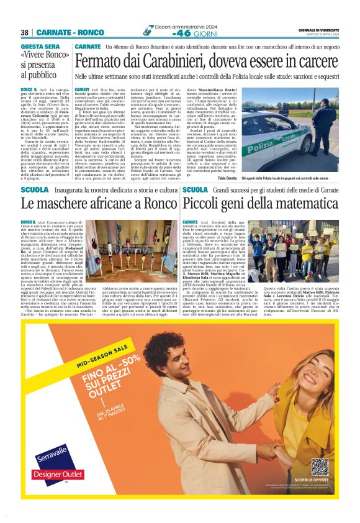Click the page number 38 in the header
coord(25,32)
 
